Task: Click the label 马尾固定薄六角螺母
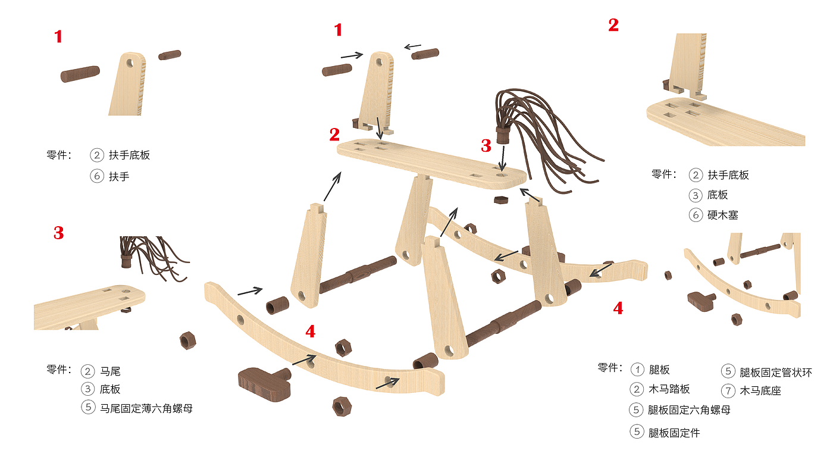[146, 408]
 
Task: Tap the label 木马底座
[760, 391]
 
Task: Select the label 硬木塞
[722, 215]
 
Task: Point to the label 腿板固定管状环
[776, 373]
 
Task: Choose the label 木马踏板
[669, 389]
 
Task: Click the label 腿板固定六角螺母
[689, 410]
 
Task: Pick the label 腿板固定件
[674, 433]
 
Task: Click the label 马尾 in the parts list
[110, 371]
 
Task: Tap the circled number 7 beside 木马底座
[728, 391]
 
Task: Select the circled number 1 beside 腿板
[637, 370]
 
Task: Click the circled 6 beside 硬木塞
[696, 215]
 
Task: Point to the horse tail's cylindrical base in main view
[502, 135]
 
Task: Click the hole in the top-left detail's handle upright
[130, 63]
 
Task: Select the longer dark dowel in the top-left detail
[80, 74]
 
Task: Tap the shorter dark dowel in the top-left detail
[170, 55]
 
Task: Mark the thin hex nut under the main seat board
[501, 200]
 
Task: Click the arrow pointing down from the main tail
[502, 158]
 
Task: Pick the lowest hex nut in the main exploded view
[342, 406]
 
